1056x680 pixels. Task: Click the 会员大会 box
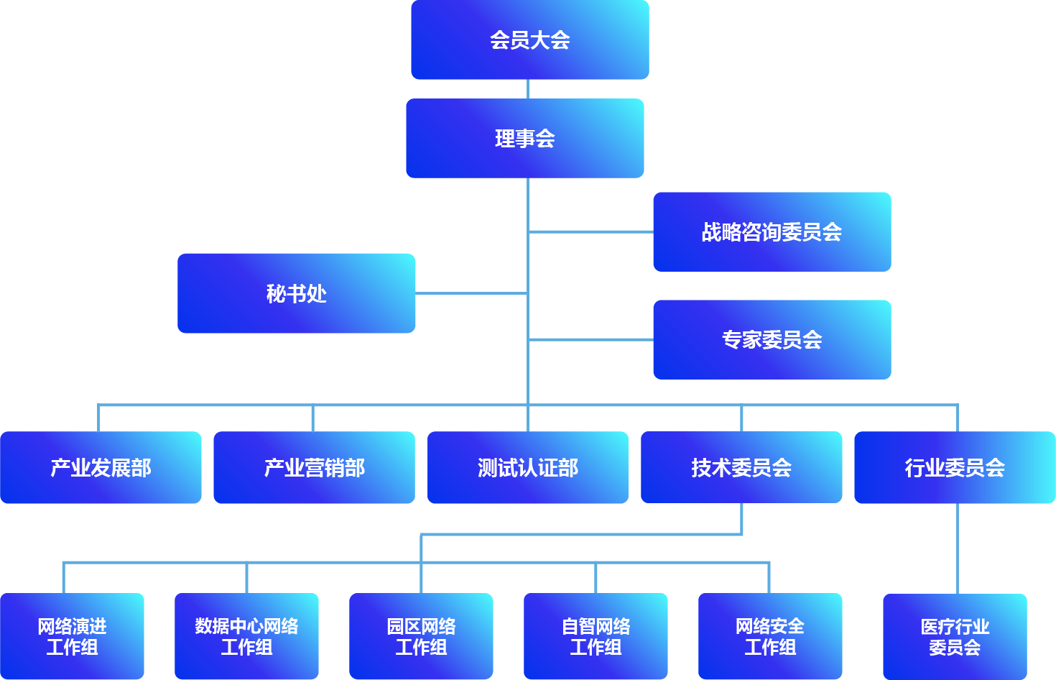pos(529,40)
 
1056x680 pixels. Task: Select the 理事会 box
pos(524,138)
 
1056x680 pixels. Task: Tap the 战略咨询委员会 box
pos(772,231)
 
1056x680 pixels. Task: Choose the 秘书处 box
pos(296,293)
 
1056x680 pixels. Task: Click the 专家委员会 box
pos(772,339)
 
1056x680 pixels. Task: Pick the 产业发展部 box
pos(101,467)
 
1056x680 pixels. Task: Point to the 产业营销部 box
pos(314,467)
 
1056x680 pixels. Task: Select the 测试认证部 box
pos(527,467)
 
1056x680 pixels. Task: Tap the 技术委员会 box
pos(741,467)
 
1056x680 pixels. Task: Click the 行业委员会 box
pos(954,467)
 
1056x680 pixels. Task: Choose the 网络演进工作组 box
pos(72,636)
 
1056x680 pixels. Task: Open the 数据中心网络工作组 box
pos(246,636)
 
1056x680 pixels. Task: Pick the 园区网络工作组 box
pos(421,636)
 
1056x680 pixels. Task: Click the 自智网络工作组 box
pos(596,636)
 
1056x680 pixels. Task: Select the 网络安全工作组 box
pos(769,636)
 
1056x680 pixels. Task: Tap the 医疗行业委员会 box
pos(954,636)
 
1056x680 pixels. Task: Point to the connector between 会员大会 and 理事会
pos(528,89)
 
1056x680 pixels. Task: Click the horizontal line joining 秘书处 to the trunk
pos(471,293)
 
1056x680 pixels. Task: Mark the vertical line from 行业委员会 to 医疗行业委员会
pos(958,548)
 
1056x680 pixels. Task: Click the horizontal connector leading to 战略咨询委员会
pos(590,231)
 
